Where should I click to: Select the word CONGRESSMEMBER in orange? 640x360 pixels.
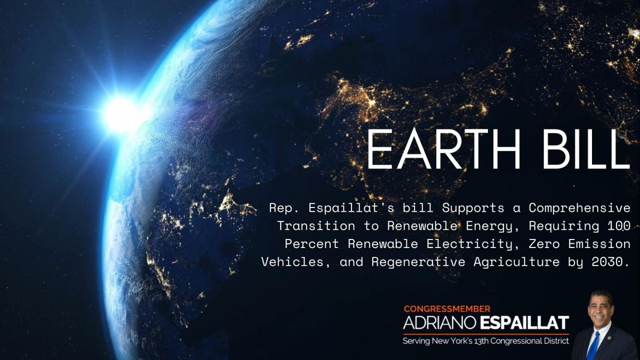click(x=447, y=309)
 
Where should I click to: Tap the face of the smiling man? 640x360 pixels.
click(x=599, y=309)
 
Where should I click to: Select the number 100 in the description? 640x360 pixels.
click(x=619, y=225)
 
